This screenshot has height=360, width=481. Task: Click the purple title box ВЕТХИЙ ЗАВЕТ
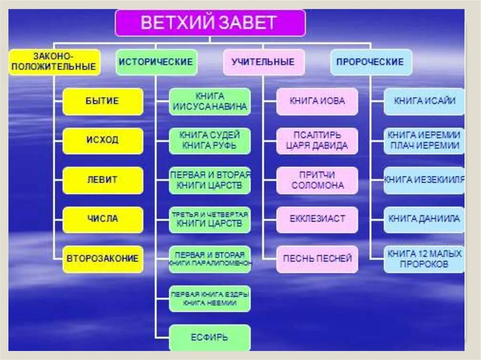coord(210,23)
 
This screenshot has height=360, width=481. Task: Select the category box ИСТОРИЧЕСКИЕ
coord(156,62)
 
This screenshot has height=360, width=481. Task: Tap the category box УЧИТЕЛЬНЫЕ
coord(263,62)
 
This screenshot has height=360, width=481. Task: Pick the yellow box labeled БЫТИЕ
coord(102,101)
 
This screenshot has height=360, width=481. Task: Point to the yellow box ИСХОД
coord(102,140)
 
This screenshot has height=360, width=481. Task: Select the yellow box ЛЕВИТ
coord(102,180)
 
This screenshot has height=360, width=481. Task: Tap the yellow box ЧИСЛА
coord(102,219)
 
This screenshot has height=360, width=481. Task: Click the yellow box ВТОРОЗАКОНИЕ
coord(102,259)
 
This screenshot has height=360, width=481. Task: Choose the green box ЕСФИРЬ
coord(209,337)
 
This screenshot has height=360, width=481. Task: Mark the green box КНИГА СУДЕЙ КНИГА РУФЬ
coord(209,140)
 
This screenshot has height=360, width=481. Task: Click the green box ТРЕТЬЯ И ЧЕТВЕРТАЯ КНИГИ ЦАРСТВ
coord(209,219)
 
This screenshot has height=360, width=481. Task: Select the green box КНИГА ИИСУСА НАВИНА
coord(209,101)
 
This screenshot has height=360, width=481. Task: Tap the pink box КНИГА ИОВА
coord(317,101)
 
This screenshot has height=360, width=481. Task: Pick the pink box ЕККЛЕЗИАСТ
coord(317,219)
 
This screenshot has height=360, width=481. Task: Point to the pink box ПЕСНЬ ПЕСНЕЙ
coord(317,259)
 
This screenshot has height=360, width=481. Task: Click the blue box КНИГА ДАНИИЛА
coord(424,219)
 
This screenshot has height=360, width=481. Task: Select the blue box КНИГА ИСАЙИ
coord(424,101)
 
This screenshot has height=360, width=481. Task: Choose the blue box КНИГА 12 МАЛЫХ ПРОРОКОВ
coord(424,259)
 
